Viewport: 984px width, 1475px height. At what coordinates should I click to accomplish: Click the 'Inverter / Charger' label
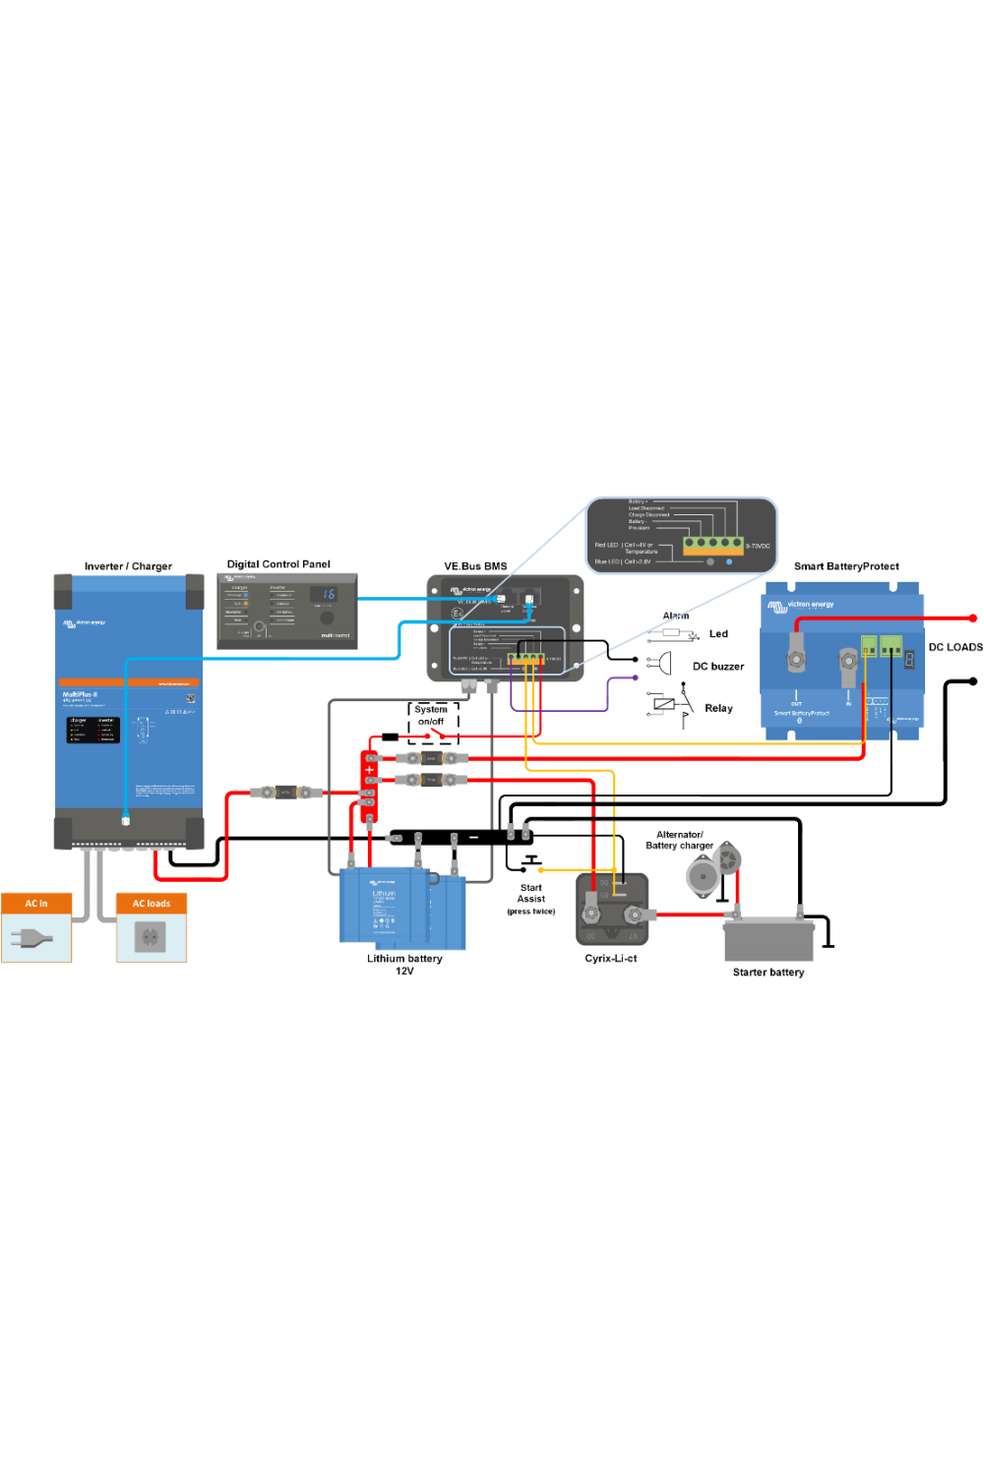coord(128,566)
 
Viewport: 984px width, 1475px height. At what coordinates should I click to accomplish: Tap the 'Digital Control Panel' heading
coord(278,564)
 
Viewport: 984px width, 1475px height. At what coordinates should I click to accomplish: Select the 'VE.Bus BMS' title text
coord(475,566)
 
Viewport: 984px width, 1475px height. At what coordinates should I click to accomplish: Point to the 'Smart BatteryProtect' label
coord(846,566)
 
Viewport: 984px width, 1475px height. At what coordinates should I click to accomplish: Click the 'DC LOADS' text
coord(954,647)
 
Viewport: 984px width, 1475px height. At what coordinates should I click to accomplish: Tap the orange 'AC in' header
coord(36,903)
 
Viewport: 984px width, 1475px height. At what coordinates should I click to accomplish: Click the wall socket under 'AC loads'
coord(151,938)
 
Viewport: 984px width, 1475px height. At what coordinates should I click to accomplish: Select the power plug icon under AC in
coord(31,939)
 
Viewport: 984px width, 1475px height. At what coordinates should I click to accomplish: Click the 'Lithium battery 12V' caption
coord(404,964)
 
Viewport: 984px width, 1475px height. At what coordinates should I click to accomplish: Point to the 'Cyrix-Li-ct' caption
coord(610,958)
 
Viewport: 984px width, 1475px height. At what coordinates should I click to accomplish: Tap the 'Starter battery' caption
coord(768,973)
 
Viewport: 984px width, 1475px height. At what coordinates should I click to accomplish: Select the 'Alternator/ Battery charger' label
coord(679,840)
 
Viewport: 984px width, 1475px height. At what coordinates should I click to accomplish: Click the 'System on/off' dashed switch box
coord(433,723)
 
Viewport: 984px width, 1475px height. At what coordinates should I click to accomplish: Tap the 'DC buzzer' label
coord(718,667)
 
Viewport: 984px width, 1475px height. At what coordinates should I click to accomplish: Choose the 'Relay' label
coord(718,708)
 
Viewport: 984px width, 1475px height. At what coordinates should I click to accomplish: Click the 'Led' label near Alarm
coord(718,634)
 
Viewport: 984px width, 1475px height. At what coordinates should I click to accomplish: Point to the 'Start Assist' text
coord(530,893)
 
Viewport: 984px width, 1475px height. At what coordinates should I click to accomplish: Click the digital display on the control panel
coord(324,594)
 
